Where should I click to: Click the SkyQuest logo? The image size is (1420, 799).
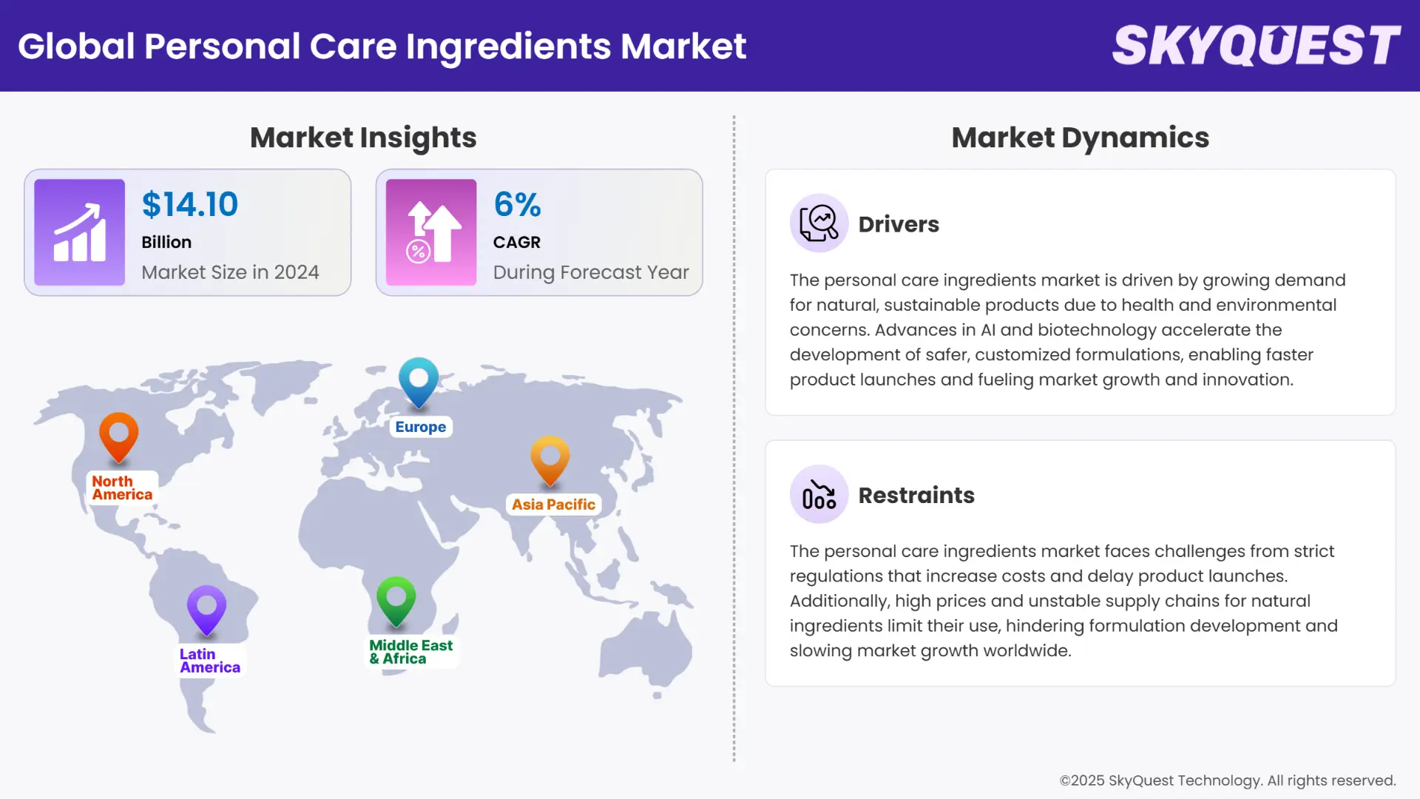coord(1256,45)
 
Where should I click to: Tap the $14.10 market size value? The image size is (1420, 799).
coord(190,204)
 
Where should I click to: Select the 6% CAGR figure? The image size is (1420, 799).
coord(517,204)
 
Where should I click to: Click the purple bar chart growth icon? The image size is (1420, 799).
coord(79,232)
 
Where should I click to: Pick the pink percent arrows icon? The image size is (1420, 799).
coord(431,232)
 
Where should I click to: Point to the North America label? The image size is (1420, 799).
coord(122,488)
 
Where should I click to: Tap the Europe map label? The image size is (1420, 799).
coord(420,427)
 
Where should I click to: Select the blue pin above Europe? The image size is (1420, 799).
coord(419,380)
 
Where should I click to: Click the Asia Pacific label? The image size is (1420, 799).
coord(553,505)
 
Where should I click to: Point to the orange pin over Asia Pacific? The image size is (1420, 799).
coord(550,459)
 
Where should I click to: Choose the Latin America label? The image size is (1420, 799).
coord(209,661)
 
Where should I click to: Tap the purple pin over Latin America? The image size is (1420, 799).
coord(206,609)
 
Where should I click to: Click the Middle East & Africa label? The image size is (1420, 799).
coord(410,652)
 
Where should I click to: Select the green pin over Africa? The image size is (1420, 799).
coord(396,599)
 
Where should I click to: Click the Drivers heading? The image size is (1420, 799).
coord(899,224)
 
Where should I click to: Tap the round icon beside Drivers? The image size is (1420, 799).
coord(819,223)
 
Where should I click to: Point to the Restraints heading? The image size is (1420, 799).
coord(916,495)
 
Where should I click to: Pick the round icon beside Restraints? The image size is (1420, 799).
coord(819,494)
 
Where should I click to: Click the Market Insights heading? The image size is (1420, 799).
coord(363,138)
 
